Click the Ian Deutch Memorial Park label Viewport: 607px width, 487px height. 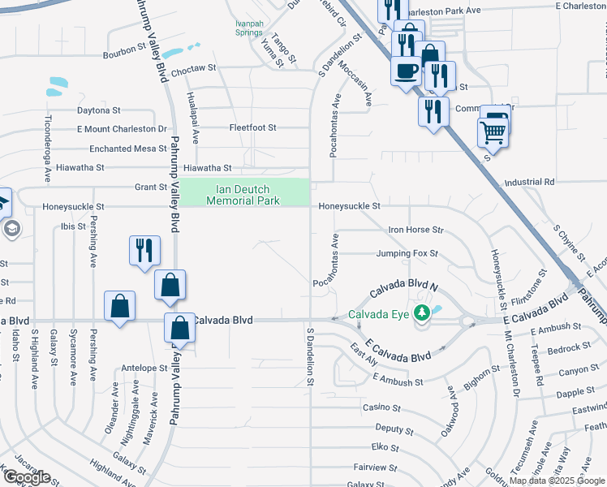[244, 194]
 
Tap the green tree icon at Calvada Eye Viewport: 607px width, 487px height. [421, 313]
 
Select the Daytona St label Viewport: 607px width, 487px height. [98, 110]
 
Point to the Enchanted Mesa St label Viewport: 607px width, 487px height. [122, 149]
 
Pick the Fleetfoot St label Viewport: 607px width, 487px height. [252, 128]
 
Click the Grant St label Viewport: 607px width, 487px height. [150, 187]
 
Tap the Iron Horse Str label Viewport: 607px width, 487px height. [415, 231]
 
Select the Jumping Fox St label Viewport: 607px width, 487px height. [407, 254]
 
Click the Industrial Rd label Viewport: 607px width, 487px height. [529, 183]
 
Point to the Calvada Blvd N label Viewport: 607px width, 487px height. [403, 291]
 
